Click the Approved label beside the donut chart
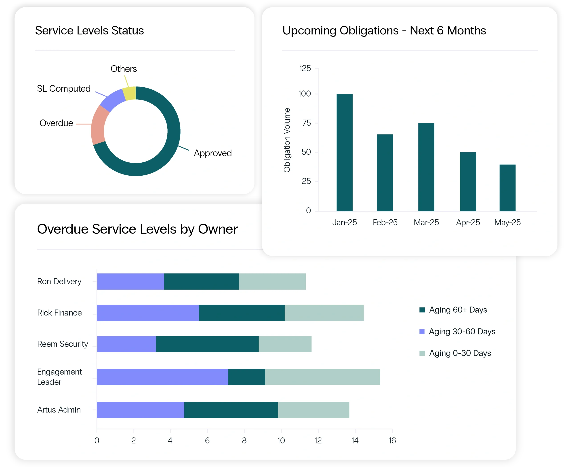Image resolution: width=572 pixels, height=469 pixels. [x=213, y=153]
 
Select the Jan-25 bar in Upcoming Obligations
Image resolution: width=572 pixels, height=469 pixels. [x=345, y=152]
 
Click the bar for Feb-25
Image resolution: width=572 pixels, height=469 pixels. [x=385, y=173]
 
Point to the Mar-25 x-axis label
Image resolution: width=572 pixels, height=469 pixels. [x=426, y=222]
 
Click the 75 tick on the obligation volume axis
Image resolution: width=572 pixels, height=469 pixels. [x=307, y=123]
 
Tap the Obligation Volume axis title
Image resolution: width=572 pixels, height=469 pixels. [x=287, y=140]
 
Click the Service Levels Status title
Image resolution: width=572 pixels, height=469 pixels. [x=89, y=31]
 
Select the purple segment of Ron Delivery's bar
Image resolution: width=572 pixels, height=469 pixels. [x=130, y=282]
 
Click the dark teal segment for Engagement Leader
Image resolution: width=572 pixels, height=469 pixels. [x=246, y=377]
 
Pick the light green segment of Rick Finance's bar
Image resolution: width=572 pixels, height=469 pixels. [x=324, y=313]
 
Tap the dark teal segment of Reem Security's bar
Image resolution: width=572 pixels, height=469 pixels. [x=207, y=344]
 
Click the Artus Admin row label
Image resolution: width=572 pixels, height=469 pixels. [x=59, y=410]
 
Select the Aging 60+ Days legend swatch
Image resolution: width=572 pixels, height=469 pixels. [x=422, y=310]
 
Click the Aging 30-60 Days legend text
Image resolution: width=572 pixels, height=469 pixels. [x=462, y=332]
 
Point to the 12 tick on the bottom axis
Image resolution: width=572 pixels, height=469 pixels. [x=318, y=441]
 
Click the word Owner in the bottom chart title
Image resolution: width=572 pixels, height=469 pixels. [x=218, y=229]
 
